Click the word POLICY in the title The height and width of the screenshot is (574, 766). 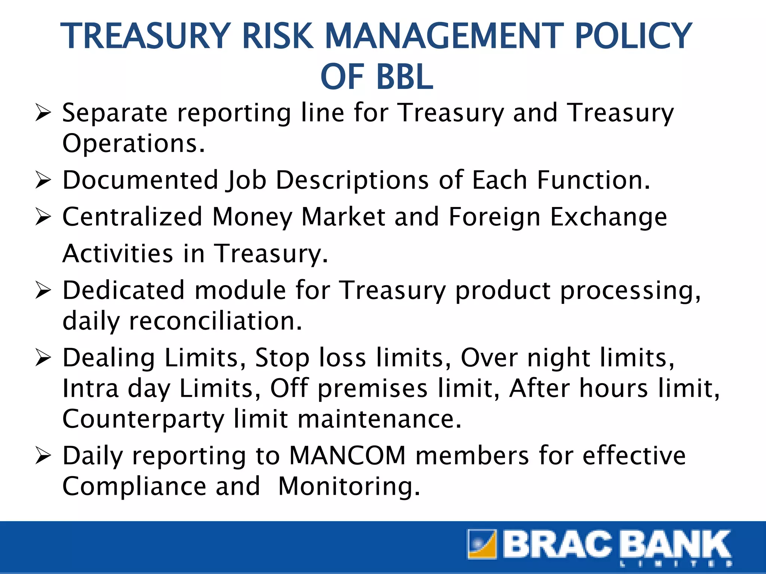point(633,36)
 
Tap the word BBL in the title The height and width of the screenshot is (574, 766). point(405,77)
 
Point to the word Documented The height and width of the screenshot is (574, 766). point(140,180)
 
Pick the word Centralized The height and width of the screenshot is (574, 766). point(132,217)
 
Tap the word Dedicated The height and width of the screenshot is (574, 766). point(123,290)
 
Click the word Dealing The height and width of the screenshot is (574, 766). point(108,358)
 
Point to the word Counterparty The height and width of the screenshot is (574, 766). point(143,419)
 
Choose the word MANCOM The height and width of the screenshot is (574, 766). point(348,456)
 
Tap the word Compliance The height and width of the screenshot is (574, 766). point(134,486)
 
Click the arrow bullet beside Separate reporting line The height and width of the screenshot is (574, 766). point(43,113)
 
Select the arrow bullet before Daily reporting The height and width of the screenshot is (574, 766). point(43,456)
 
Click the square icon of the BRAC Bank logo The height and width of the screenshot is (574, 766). point(482,544)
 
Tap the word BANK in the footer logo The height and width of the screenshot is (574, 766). point(675,544)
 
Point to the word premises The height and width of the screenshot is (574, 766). point(372,389)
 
